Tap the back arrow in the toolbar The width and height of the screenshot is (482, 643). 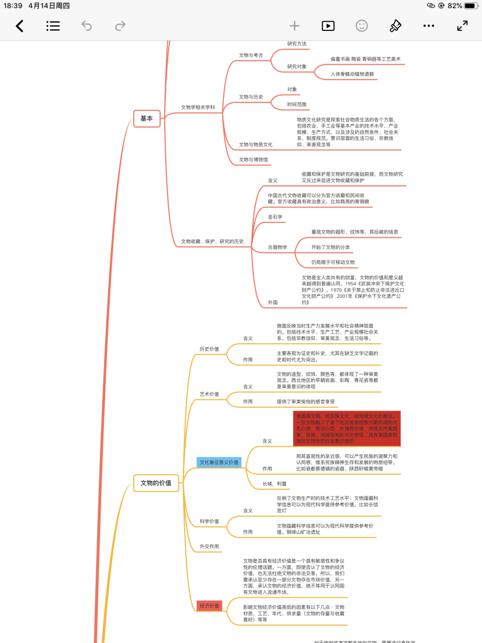pos(19,26)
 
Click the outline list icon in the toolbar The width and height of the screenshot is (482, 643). pos(53,26)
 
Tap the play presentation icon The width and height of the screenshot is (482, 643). pos(328,26)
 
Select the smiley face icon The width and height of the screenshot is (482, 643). pos(361,26)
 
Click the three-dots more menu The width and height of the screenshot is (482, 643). pos(429,26)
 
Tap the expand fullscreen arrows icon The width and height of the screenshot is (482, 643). pos(462,26)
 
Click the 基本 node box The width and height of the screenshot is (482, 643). pos(147,118)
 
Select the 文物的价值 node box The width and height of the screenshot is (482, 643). pos(156,483)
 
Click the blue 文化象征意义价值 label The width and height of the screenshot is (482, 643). pos(218,462)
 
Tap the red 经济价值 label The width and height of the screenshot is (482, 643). pos(209,605)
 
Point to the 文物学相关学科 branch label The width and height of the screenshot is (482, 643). pos(198,107)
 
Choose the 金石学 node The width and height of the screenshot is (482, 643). pos(275,217)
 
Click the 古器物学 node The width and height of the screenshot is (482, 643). pos(277,248)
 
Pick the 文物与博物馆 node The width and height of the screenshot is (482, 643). pos(253,160)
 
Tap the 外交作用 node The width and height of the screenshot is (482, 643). pos(209,546)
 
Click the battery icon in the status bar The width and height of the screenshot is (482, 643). pos(471,6)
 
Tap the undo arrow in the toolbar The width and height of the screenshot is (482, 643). pos(86,26)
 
